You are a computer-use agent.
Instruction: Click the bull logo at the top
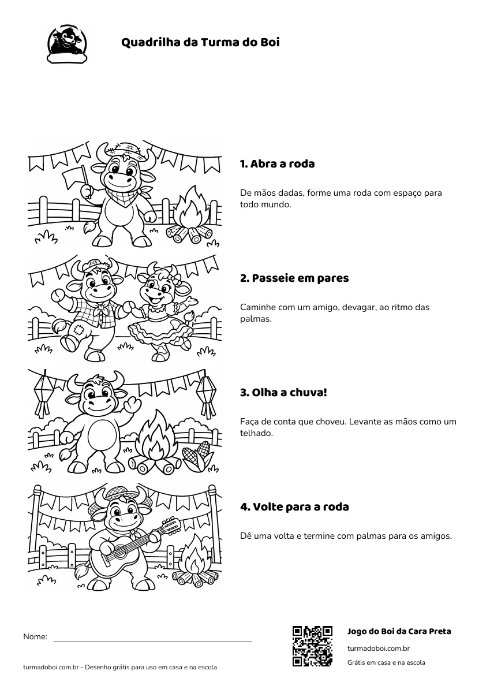pos(67,44)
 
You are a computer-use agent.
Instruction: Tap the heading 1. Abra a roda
pos(277,163)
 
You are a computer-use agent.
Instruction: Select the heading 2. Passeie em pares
pos(294,278)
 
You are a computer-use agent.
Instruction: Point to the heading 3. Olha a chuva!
pos(283,393)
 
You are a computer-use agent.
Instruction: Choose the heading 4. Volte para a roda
pos(294,507)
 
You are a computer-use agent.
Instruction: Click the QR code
pos(313,646)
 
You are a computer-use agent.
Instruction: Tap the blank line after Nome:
pos(153,642)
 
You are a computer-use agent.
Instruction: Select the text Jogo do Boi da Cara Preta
pos(399,631)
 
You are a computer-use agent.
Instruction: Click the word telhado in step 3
pos(257,433)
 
